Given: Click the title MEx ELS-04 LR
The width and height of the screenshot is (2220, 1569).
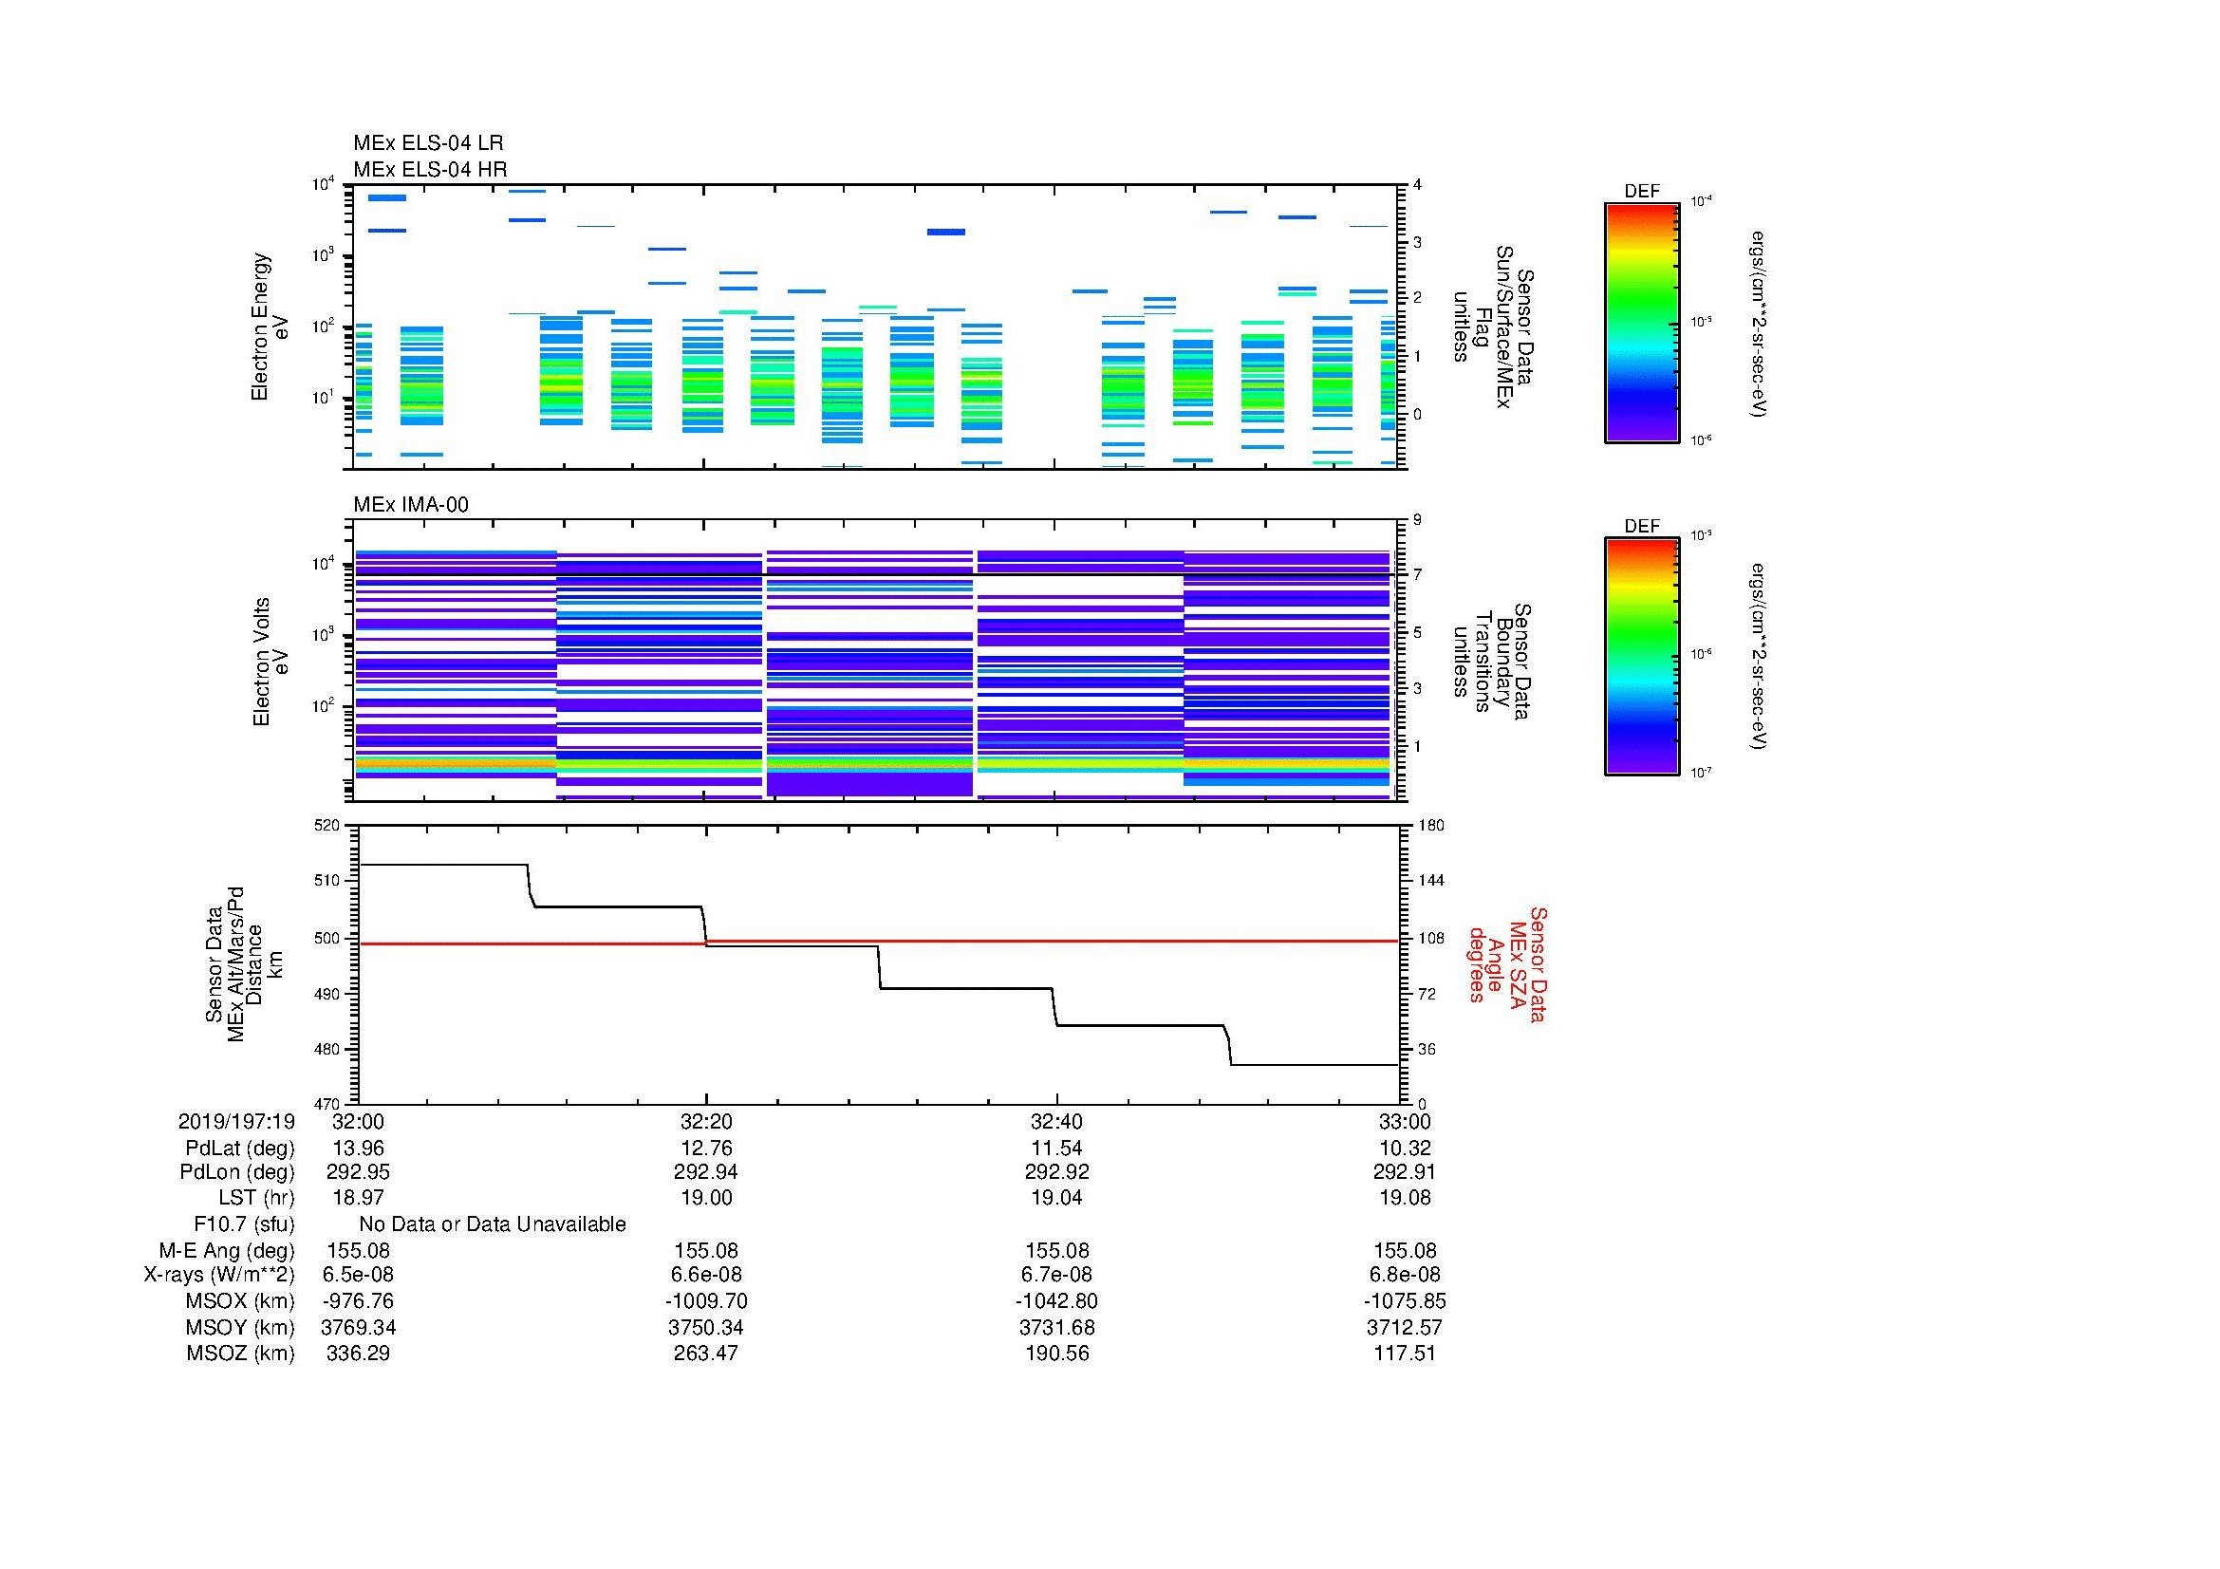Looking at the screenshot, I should pos(427,143).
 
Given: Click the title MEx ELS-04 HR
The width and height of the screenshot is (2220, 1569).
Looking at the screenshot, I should pos(429,169).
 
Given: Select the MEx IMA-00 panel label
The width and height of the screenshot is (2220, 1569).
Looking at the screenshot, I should pos(410,505).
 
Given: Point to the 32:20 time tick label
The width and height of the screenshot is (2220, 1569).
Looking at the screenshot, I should pos(706,1121).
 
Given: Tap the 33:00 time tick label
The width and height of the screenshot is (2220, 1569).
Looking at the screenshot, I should pos(1404,1121).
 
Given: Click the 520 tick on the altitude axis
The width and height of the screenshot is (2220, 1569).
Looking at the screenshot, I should pos(328,826).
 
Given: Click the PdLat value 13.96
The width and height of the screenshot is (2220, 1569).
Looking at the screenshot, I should pos(358,1149).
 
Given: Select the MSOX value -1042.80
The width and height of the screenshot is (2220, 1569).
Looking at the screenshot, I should pos(1056,1301).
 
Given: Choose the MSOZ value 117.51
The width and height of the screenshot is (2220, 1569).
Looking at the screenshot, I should pos(1404,1354).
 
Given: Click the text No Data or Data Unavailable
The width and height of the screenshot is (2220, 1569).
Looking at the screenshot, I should pos(493,1224).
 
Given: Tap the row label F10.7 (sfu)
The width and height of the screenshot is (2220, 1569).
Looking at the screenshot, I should pos(244,1224).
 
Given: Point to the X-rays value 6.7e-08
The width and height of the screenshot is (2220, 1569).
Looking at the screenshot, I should pos(1056,1275).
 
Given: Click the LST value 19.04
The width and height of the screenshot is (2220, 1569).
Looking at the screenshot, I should pos(1056,1198).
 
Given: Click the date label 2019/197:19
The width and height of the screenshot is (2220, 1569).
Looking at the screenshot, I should pos(236,1121).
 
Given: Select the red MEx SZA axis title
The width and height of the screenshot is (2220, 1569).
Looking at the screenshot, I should pos(1507,963).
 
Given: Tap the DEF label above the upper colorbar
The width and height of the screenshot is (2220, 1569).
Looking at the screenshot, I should pos(1641,192).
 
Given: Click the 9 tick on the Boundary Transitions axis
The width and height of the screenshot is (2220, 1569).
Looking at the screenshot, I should pos(1417,520).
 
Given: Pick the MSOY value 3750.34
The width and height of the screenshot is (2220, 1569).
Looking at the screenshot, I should pos(706,1327).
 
